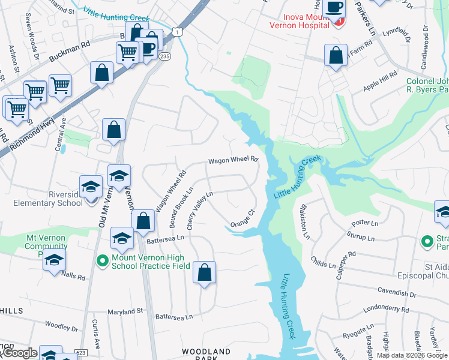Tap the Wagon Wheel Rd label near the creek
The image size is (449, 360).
click(x=233, y=160)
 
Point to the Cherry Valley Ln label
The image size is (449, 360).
click(x=200, y=210)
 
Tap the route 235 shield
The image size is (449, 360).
click(x=165, y=56)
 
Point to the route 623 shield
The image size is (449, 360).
click(x=81, y=352)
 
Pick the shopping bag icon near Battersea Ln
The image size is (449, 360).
click(x=143, y=221)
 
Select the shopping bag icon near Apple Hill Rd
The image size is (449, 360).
click(x=336, y=55)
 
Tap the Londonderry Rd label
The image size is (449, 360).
click(x=387, y=310)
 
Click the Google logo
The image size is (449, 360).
click(x=19, y=353)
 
